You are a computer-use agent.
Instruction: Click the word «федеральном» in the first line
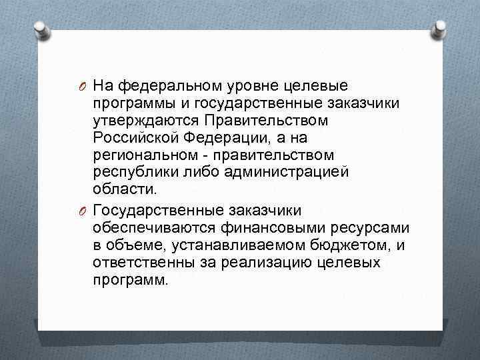(167, 85)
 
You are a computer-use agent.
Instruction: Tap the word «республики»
(132, 173)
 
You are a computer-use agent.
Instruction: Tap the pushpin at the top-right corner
(439, 29)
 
